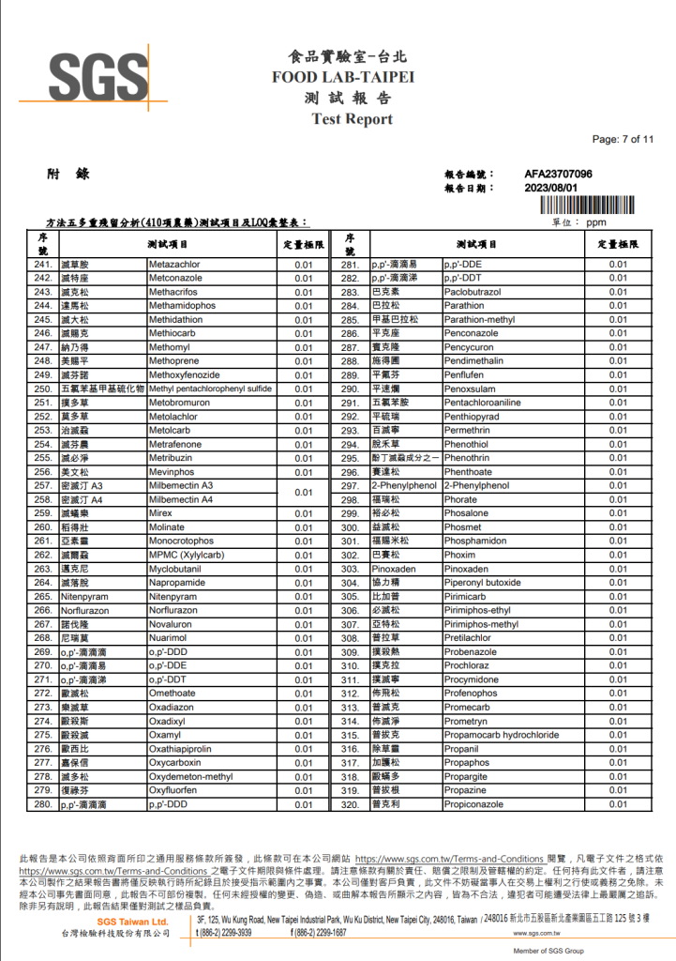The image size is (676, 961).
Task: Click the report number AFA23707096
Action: pos(558,175)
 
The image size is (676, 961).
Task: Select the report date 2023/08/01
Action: pos(551,188)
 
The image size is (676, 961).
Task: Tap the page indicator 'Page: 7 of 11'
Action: pos(623,140)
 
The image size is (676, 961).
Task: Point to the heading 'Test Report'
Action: pos(352,119)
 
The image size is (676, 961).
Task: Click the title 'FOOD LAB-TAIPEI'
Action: pos(343,77)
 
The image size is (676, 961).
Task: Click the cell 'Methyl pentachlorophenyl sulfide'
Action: pos(210,389)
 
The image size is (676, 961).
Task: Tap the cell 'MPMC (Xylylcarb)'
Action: pos(186,555)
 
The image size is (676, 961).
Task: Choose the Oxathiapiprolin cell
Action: pos(186,749)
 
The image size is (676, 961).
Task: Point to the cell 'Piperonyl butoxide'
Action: pos(482,582)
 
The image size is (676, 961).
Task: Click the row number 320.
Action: pos(350,804)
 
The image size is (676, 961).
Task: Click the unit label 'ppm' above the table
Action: pos(596,223)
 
